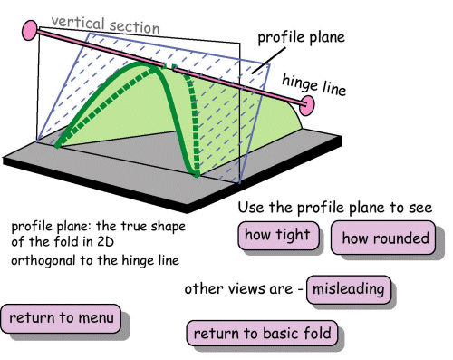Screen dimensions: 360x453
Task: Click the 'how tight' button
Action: point(277,237)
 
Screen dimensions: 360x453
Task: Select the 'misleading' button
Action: point(349,290)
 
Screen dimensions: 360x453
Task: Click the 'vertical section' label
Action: point(105,24)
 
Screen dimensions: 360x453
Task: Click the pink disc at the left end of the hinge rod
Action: point(30,31)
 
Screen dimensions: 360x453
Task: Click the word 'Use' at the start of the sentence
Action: point(253,209)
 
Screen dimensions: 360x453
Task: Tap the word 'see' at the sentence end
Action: point(419,209)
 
